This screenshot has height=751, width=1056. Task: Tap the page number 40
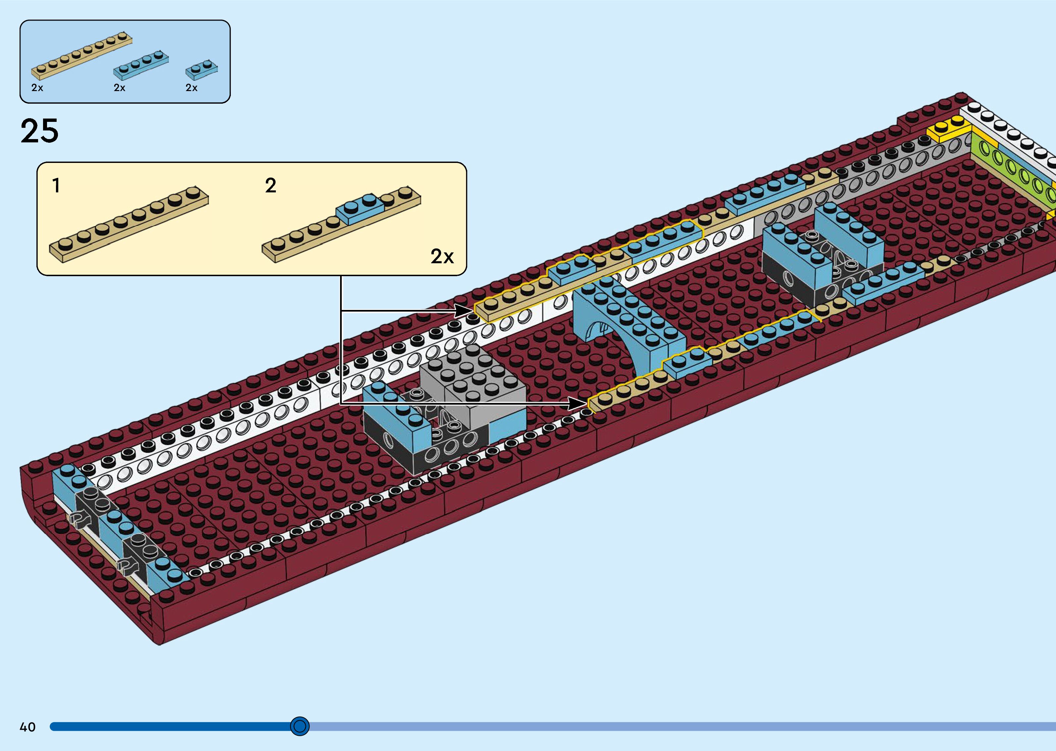click(x=28, y=727)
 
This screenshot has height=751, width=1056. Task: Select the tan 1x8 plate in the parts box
click(x=81, y=56)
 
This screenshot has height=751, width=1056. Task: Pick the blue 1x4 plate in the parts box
click(x=141, y=66)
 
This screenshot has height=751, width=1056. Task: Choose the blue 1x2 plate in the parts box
click(x=202, y=70)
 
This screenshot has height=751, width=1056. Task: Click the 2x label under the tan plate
click(x=37, y=88)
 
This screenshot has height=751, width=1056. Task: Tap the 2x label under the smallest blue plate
click(x=191, y=88)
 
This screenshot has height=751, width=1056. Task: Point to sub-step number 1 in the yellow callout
click(x=56, y=186)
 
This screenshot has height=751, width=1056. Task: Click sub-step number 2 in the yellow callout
click(x=271, y=186)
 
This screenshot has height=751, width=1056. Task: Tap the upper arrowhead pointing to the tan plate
click(x=465, y=311)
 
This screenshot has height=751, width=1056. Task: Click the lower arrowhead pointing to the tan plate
click(x=580, y=404)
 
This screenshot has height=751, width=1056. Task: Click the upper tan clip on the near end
click(x=78, y=520)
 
